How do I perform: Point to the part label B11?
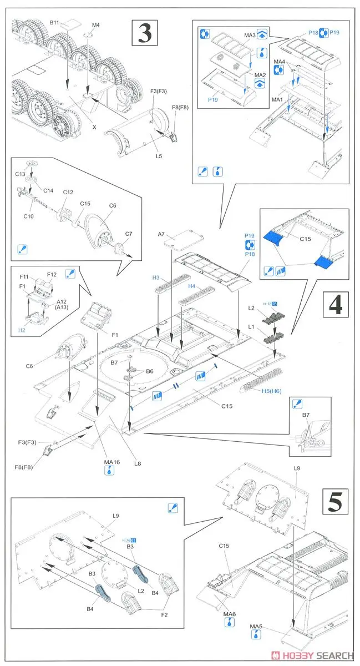coord(54,22)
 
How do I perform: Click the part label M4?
coord(96,25)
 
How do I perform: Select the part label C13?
coord(20,174)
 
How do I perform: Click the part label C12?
coord(68,192)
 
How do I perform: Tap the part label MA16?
coord(112,462)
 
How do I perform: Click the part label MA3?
coord(250,36)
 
